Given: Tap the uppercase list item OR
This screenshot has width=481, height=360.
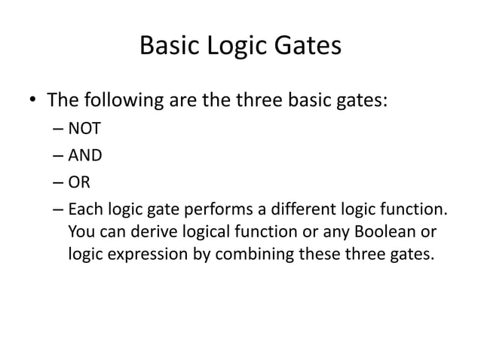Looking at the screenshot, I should pos(78,183).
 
